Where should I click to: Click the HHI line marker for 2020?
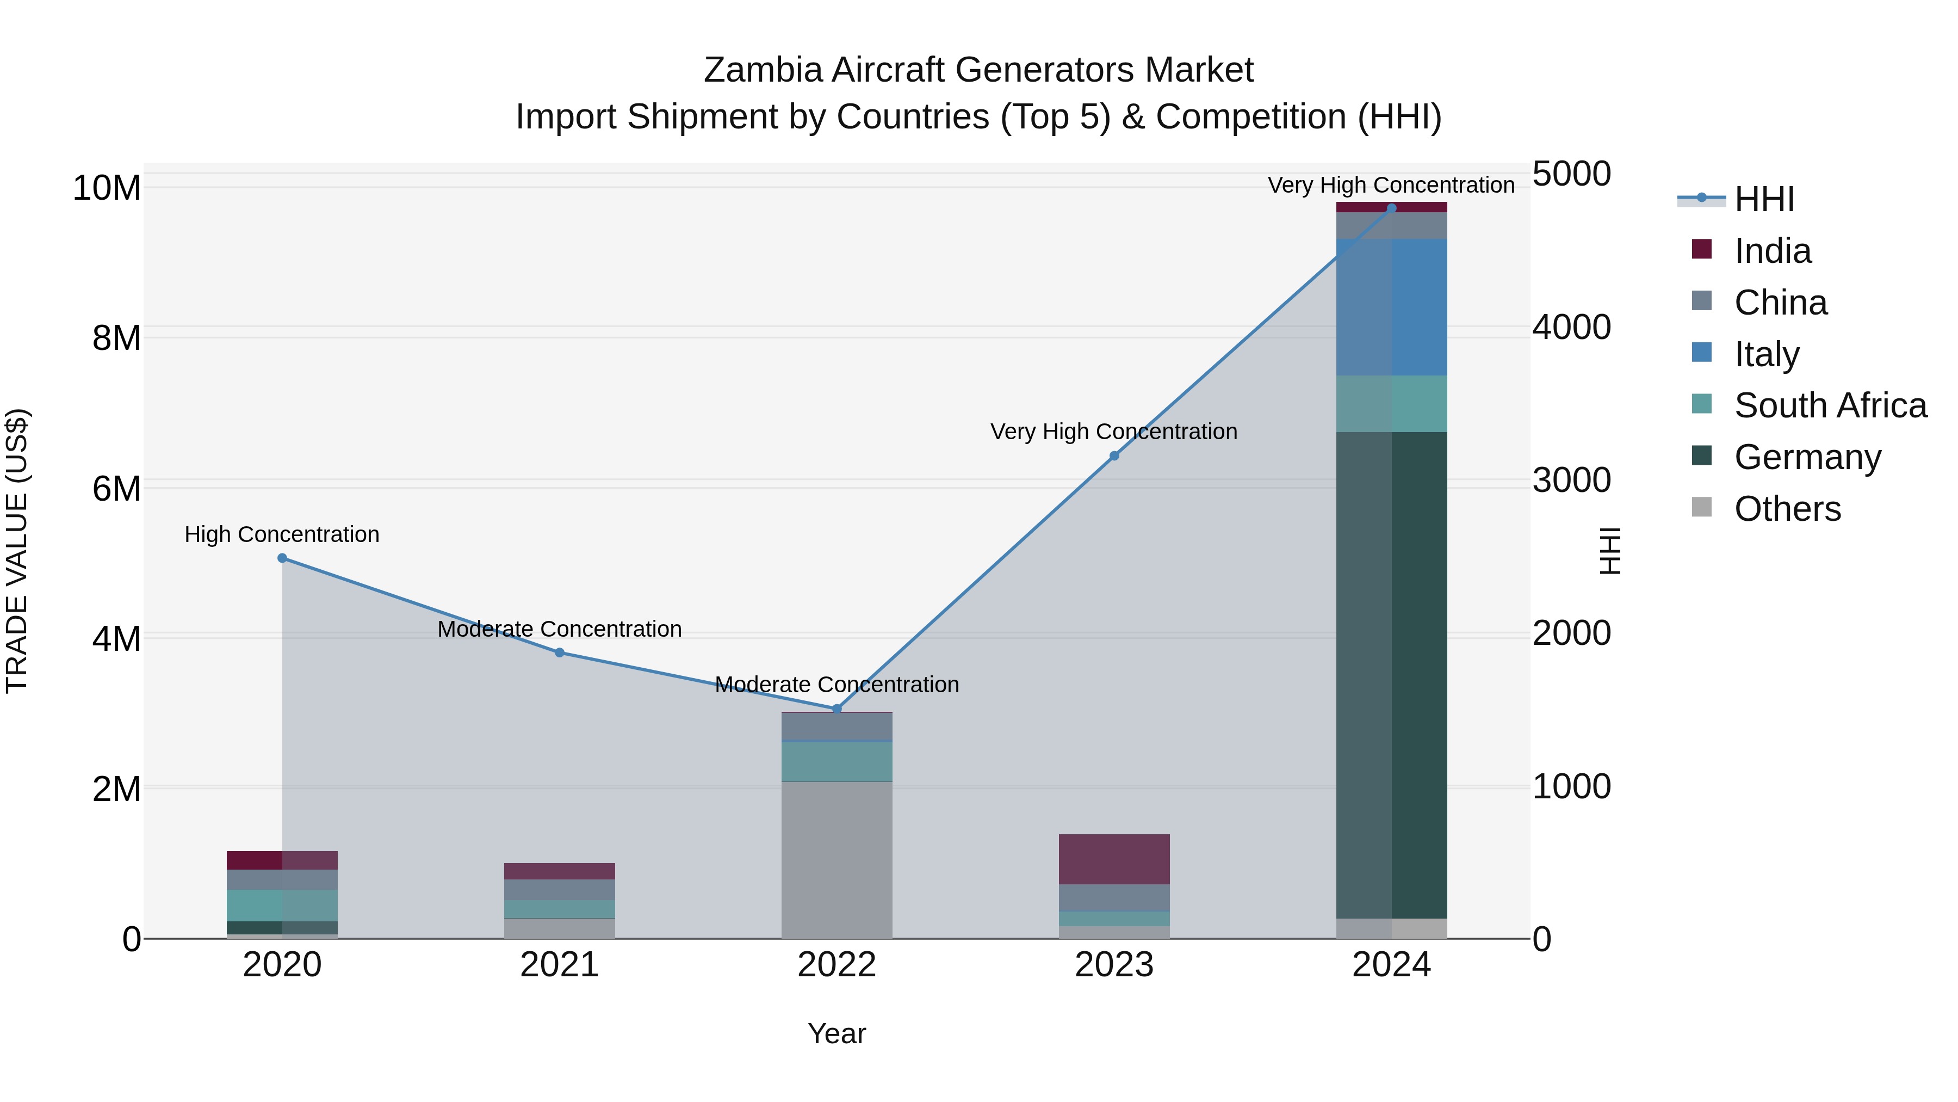(282, 558)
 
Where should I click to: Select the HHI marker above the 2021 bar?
(560, 652)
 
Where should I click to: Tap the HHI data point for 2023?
(1114, 457)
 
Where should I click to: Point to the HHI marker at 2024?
(1392, 208)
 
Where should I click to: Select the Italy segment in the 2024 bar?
(1392, 307)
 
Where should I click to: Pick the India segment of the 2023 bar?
(1114, 859)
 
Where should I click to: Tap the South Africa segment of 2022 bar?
(837, 761)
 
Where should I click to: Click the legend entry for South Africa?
(1830, 405)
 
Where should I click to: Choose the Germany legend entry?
(1807, 457)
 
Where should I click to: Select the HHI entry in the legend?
(1763, 199)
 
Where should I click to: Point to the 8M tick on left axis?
(116, 337)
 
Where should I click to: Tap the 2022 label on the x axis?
(837, 965)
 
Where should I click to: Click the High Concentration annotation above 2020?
(282, 534)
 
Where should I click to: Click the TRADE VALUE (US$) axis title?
(17, 551)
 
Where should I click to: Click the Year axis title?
(837, 1033)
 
